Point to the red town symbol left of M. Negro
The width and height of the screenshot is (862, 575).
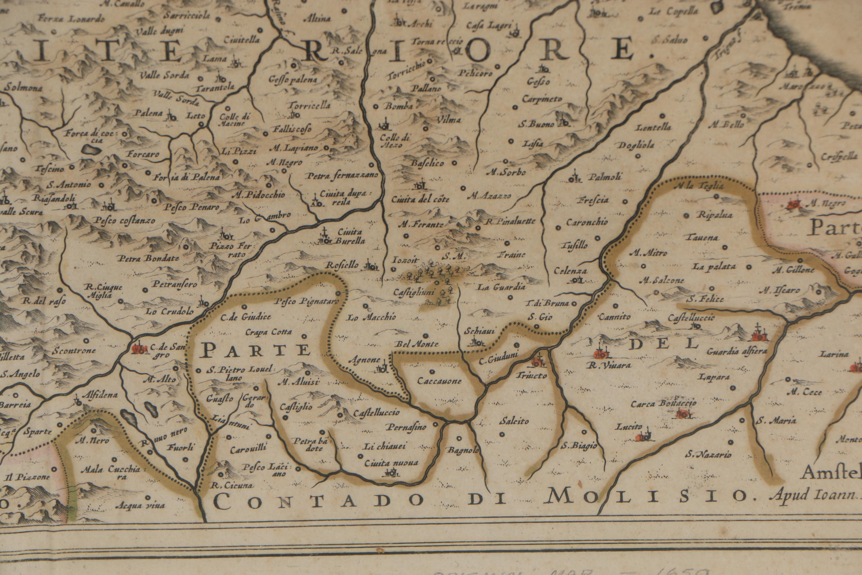coord(793,204)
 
